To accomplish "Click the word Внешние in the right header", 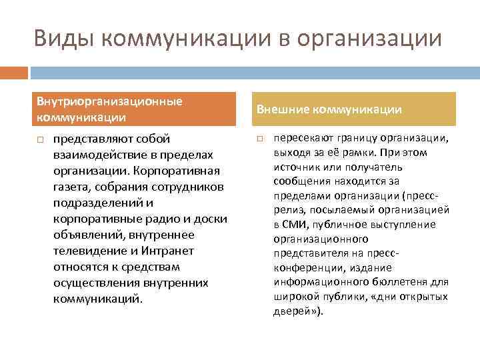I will click(x=283, y=109).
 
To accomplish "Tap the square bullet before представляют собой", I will click(x=41, y=139).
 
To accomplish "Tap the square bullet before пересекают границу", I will click(x=261, y=139).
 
